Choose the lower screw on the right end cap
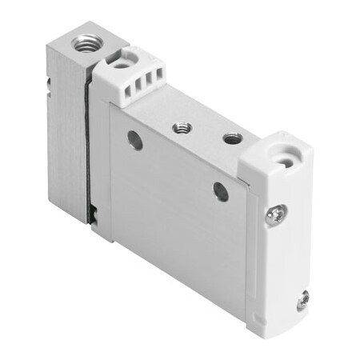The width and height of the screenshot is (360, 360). coord(302,301)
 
